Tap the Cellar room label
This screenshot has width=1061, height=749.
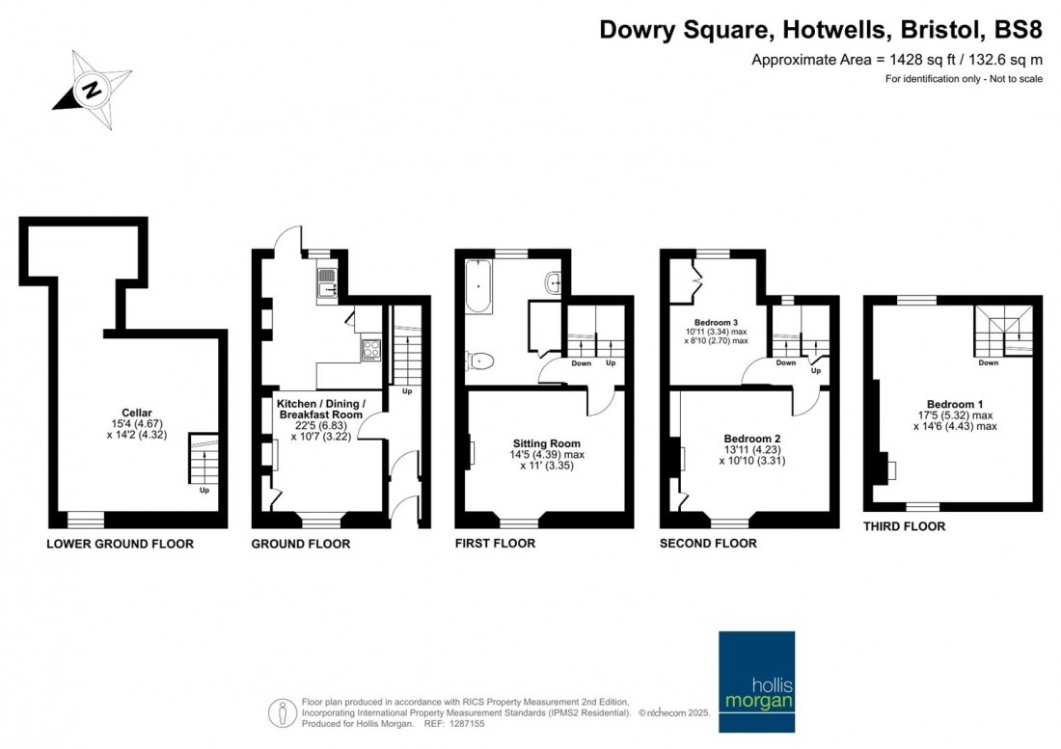coord(137,413)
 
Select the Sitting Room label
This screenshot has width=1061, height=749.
coord(547,443)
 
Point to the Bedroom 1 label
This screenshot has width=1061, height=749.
coord(955,404)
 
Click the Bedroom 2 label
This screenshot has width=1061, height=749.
coord(751,439)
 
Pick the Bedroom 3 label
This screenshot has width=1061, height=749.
coord(716,323)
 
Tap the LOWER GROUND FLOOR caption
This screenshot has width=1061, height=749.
coord(120,544)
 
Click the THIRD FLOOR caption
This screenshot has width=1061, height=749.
coord(904,526)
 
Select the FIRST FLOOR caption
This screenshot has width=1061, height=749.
coord(495,543)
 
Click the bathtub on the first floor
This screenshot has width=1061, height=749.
coord(478,286)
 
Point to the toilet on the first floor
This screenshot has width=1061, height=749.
coord(479,361)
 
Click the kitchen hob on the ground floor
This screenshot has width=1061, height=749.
coord(370,350)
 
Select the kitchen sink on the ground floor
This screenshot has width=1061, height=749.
coord(328,282)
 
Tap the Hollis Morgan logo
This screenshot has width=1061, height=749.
coord(756,682)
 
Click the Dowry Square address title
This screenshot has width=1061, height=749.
coord(821,30)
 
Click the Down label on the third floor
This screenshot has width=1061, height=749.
coord(988,363)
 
